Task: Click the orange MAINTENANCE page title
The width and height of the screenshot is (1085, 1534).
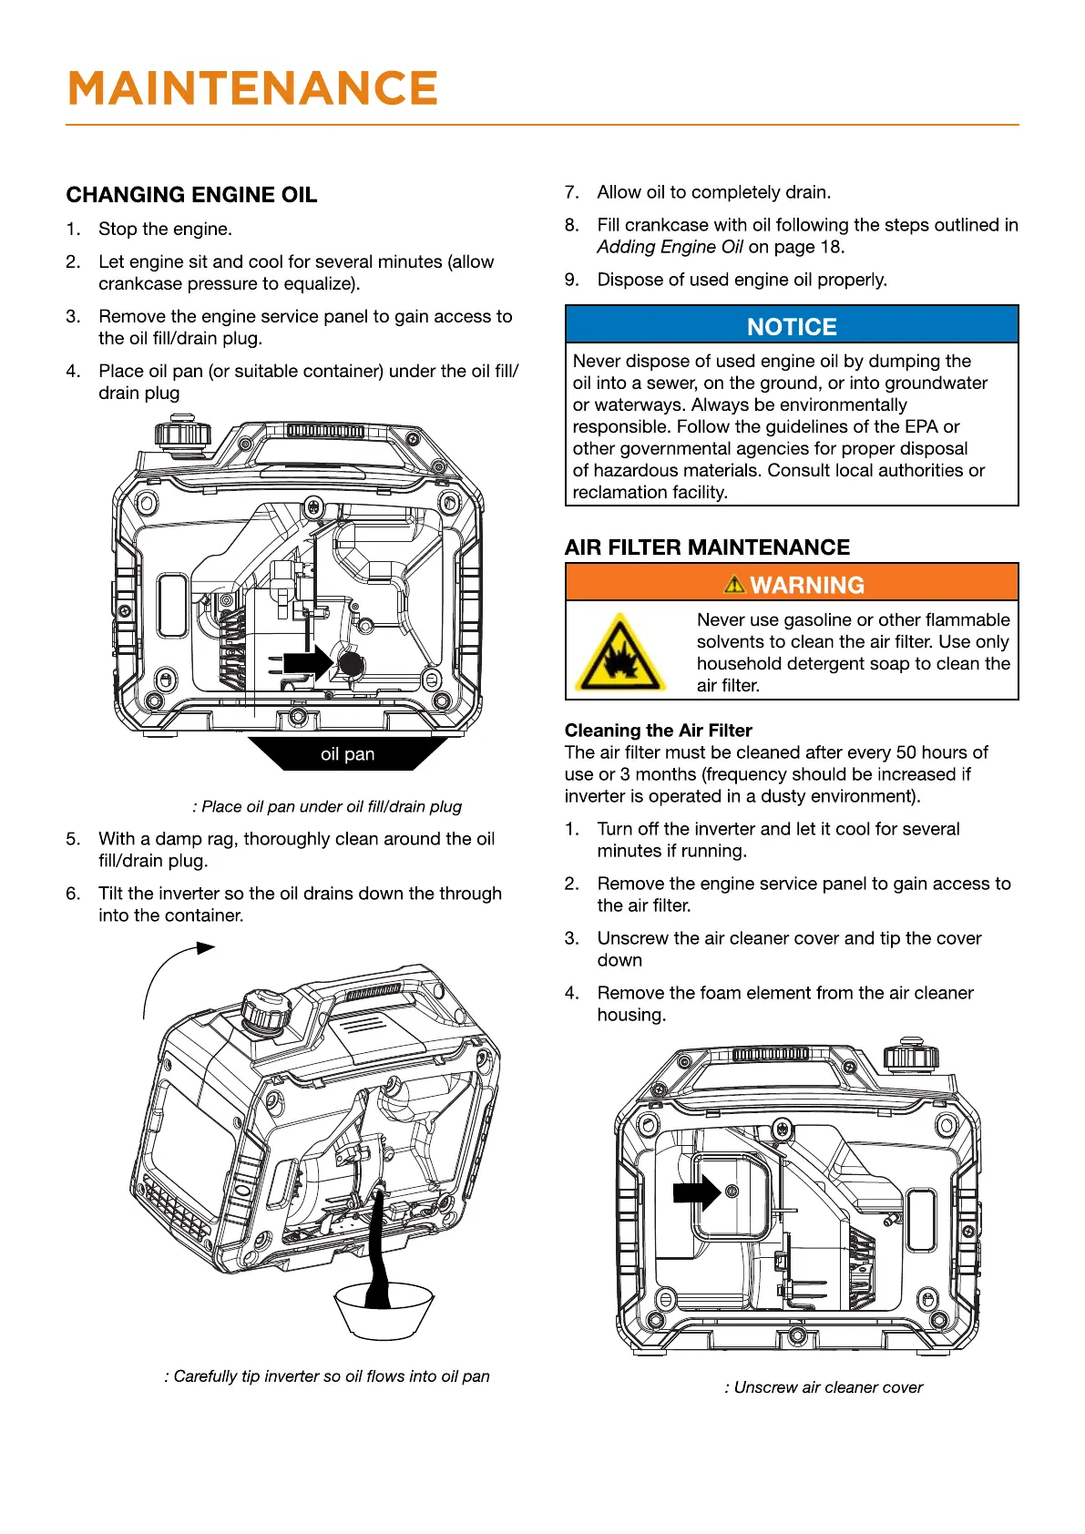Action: pos(253,88)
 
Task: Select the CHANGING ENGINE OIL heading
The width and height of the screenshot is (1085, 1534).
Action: pos(191,195)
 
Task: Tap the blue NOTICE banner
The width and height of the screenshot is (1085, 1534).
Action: pos(792,326)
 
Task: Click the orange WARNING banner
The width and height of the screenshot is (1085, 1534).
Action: pos(792,584)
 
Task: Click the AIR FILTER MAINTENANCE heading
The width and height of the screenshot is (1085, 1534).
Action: pos(707,547)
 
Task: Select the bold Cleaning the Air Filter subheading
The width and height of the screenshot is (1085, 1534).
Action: pos(658,731)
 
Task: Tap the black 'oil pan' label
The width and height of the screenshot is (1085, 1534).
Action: pos(347,754)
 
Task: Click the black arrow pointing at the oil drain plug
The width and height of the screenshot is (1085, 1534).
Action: pos(307,662)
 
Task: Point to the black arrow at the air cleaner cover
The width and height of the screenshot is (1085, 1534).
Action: pos(695,1191)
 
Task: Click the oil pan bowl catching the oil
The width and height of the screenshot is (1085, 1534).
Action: pos(382,1312)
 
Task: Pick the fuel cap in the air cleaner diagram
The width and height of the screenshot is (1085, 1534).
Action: pos(910,1056)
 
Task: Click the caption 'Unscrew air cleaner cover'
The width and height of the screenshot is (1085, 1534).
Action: pos(824,1387)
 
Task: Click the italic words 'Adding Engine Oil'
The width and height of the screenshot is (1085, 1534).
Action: pos(670,247)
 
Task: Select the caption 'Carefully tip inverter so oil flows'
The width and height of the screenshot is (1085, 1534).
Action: pos(327,1376)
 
